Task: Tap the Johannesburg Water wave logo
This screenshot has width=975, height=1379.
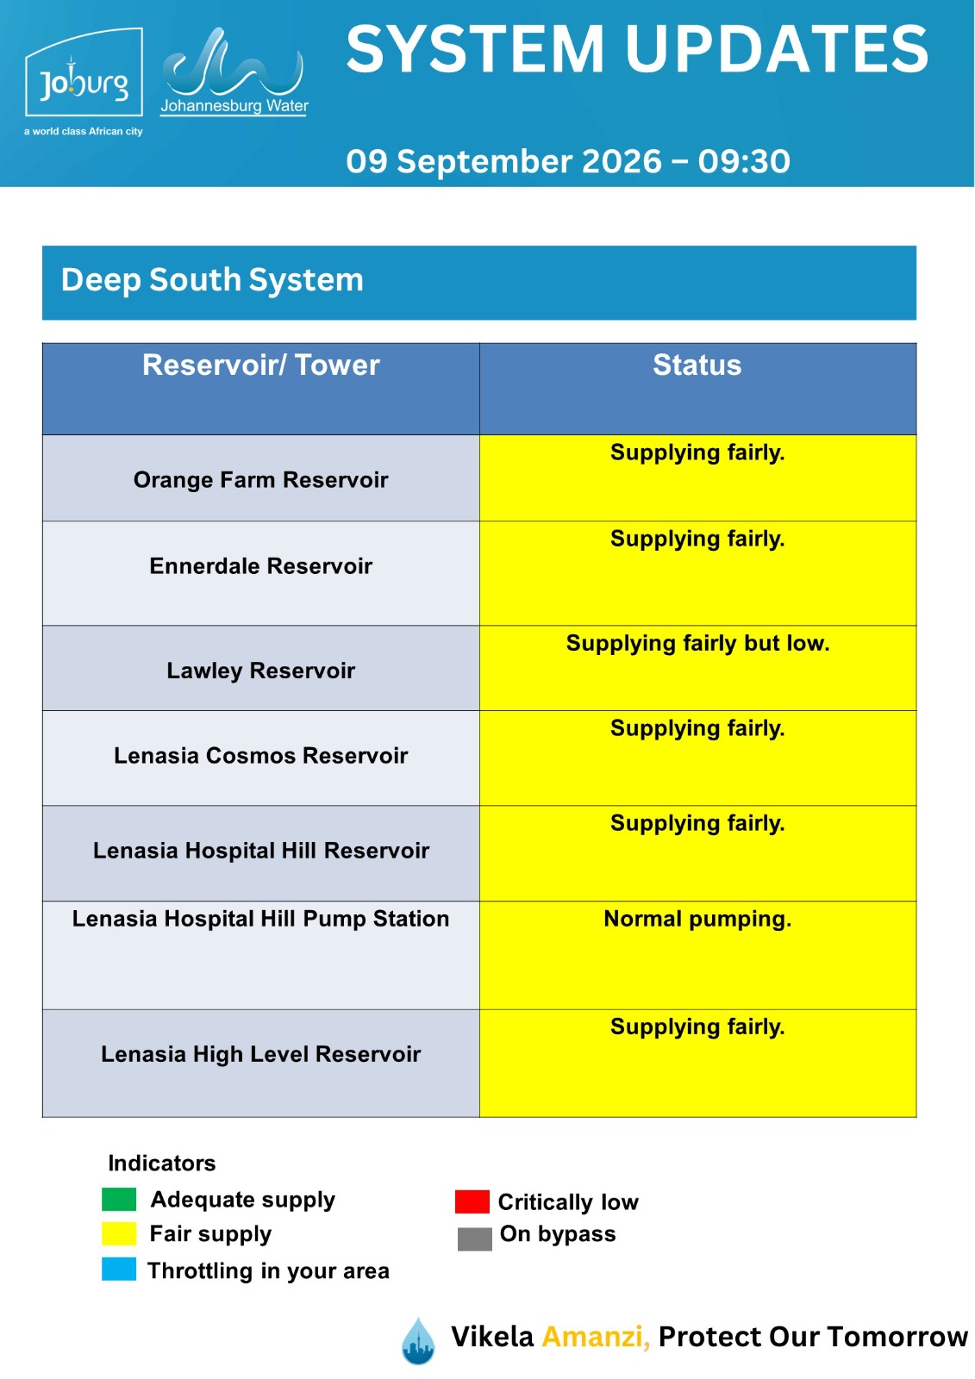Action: [x=234, y=72]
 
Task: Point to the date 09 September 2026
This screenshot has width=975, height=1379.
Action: [x=503, y=161]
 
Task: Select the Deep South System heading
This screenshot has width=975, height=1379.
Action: [x=212, y=280]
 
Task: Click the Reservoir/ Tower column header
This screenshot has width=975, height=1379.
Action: [x=260, y=365]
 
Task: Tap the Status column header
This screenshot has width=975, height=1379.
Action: [x=697, y=365]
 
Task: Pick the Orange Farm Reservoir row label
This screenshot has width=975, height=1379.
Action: [x=260, y=479]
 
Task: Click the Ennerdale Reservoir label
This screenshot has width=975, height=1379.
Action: [x=260, y=565]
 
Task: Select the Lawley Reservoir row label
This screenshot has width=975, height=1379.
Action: [x=260, y=671]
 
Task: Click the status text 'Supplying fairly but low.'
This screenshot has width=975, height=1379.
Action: [x=697, y=643]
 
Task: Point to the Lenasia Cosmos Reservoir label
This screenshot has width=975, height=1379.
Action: [x=260, y=755]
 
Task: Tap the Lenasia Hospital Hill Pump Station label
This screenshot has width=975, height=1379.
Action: [x=260, y=919]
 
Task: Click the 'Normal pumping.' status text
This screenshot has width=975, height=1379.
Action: [x=697, y=919]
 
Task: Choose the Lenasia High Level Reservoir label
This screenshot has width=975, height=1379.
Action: [x=260, y=1054]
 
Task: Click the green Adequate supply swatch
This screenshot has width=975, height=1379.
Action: [x=119, y=1199]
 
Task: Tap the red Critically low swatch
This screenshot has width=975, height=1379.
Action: [x=472, y=1201]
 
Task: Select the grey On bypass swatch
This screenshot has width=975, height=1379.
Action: [x=475, y=1239]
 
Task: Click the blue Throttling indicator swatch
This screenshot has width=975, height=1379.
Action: [x=119, y=1270]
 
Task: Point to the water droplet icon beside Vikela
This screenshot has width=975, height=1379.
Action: [x=418, y=1341]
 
